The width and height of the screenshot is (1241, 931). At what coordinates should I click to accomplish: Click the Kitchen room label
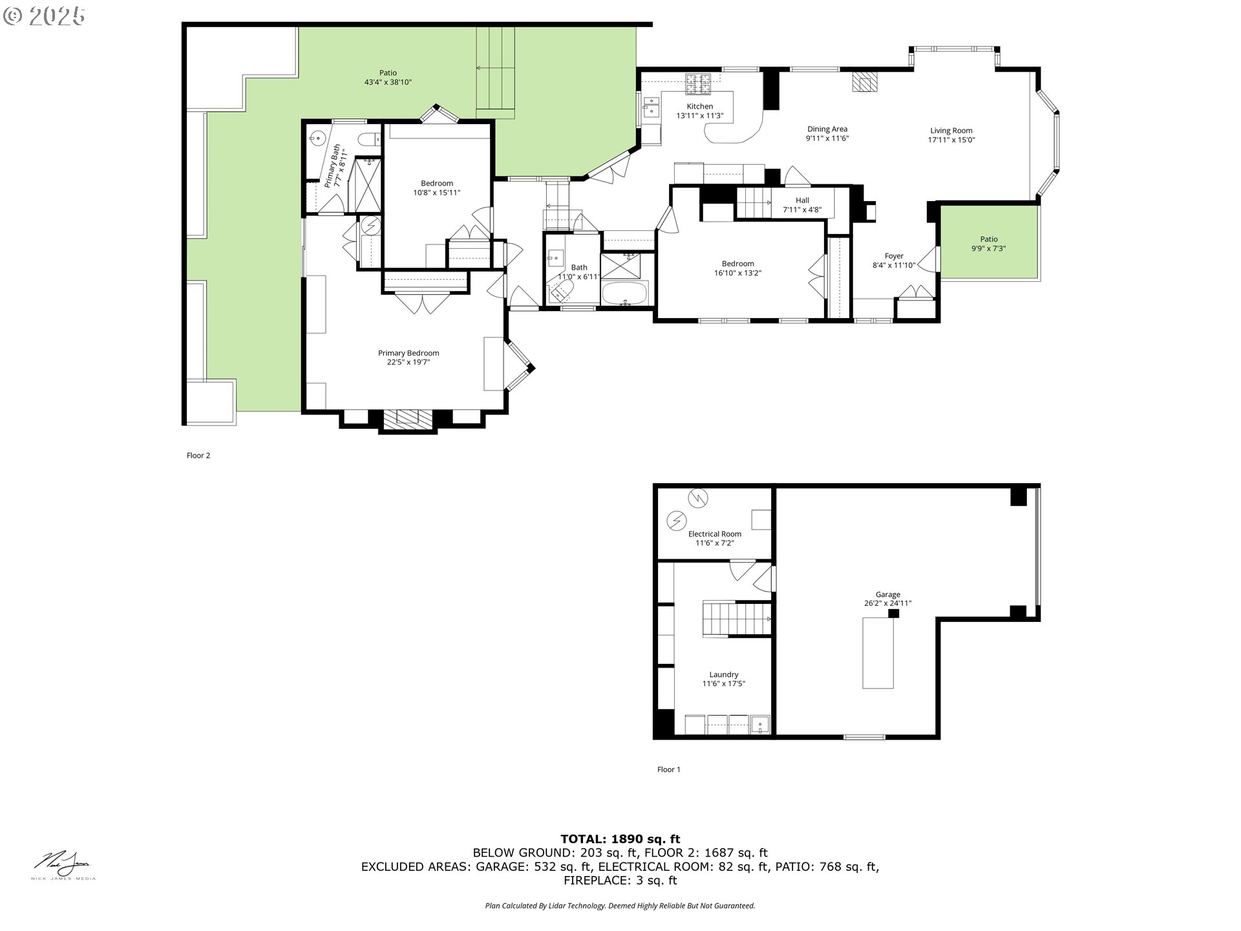(x=699, y=107)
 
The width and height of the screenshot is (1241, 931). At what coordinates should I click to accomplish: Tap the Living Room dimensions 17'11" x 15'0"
(x=951, y=140)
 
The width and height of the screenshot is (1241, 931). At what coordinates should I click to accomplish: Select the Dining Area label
(x=827, y=129)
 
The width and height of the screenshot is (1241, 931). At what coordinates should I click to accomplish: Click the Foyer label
(x=894, y=256)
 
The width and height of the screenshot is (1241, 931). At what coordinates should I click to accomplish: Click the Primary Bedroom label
(x=408, y=353)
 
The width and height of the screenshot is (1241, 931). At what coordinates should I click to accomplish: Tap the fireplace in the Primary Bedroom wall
(x=407, y=420)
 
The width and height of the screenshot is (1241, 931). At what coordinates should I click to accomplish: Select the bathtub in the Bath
(x=624, y=294)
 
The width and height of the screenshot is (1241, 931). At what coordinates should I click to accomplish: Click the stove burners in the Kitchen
(x=697, y=83)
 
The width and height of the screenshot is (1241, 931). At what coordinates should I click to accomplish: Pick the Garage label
(x=887, y=595)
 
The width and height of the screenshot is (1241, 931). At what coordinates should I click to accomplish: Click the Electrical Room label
(x=714, y=534)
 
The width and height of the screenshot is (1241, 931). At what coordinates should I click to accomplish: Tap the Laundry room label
(x=723, y=674)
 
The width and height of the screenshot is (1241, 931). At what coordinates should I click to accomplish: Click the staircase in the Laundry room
(x=737, y=619)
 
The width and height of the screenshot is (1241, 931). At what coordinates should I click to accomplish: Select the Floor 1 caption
(x=668, y=769)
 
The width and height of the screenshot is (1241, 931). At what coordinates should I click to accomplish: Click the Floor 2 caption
(x=198, y=455)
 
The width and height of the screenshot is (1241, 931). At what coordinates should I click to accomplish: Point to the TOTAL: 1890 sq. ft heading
(x=620, y=839)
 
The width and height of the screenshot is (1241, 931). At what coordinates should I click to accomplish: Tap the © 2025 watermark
(x=44, y=16)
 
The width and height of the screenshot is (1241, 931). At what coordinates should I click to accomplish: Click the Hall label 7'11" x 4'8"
(x=802, y=205)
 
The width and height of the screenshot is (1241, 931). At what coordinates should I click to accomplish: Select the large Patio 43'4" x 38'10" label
(x=388, y=78)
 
